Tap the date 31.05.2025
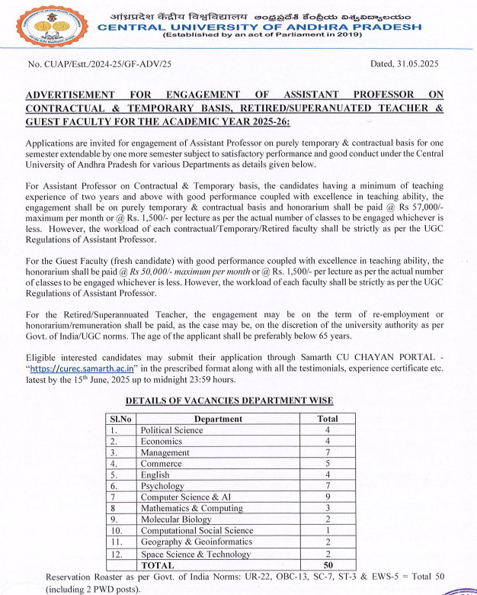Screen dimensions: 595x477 (x=418, y=66)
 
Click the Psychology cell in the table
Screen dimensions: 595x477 (x=162, y=486)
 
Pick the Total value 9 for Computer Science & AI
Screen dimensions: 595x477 (x=328, y=497)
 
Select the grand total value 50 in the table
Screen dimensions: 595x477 (x=328, y=565)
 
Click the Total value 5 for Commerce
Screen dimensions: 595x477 (x=328, y=463)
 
